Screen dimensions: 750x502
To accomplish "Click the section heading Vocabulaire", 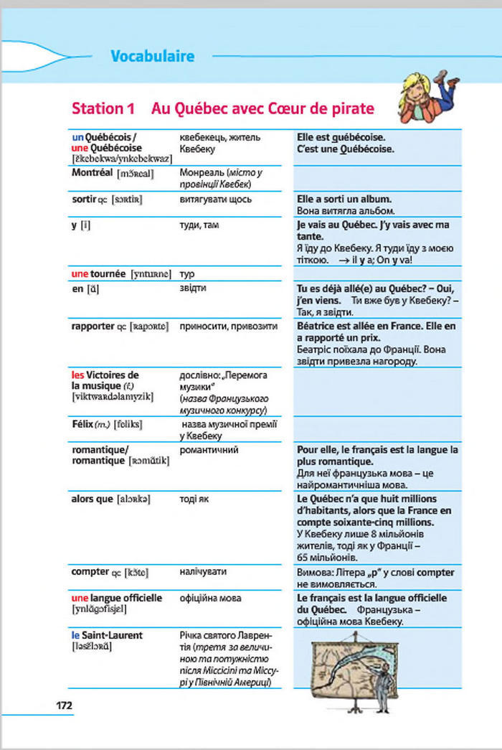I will (x=152, y=55).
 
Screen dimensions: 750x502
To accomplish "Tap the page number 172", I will (x=65, y=705).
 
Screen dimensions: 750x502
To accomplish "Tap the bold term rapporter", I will (x=93, y=326).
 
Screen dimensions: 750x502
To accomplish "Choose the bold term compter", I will (x=90, y=572).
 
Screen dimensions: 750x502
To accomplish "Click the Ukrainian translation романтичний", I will (x=209, y=450).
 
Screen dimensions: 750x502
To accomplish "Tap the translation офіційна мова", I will (x=210, y=598).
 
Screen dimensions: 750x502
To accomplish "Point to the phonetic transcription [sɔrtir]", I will (x=128, y=199).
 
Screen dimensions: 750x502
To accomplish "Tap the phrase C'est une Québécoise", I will (x=344, y=149).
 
